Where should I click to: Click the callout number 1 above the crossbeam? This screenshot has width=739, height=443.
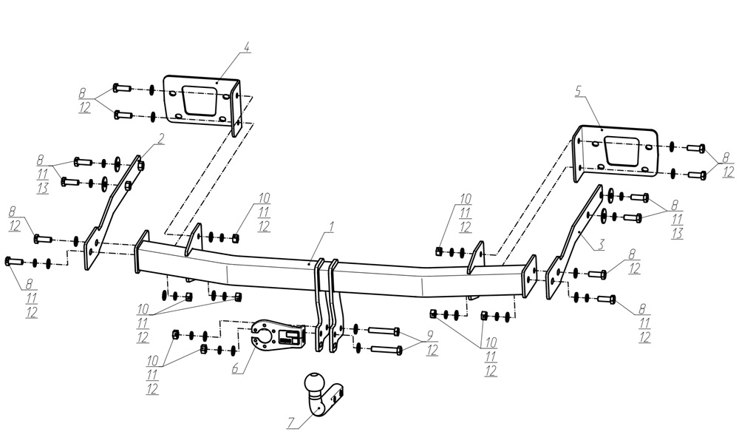331,227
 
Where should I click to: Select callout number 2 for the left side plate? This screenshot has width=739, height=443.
160,139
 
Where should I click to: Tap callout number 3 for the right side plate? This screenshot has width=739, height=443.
601,244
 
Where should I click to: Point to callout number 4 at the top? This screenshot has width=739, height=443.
247,47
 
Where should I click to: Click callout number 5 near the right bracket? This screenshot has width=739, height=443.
579,90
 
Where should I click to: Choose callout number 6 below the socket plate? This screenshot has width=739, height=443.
235,368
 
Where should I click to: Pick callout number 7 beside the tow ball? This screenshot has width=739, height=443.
291,423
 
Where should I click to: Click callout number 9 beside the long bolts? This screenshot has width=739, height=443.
430,336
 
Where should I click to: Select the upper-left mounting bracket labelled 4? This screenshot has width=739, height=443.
202,104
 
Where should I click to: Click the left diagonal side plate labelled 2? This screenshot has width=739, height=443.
113,212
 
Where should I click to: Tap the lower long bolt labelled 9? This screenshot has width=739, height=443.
386,350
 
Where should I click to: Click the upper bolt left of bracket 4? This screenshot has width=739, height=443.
122,88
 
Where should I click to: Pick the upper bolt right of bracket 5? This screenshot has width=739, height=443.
696,148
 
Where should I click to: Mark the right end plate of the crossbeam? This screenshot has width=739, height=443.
529,277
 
